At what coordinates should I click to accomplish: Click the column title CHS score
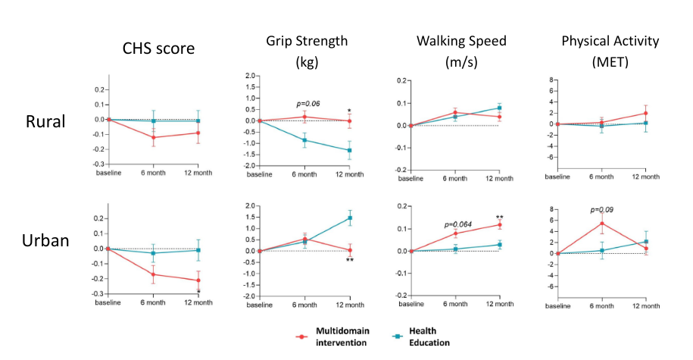[159, 49]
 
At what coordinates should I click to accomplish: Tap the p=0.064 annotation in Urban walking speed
[457, 225]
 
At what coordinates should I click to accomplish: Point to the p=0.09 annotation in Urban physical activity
[603, 210]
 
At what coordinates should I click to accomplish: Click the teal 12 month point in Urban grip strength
[350, 218]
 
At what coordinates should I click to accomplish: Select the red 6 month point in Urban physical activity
[601, 224]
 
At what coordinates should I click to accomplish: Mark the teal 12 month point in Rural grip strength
[350, 150]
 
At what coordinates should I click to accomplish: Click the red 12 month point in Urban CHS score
[198, 280]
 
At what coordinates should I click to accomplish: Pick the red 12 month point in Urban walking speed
[500, 224]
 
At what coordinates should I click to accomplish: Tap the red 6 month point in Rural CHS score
[153, 138]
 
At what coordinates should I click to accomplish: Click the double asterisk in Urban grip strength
[350, 261]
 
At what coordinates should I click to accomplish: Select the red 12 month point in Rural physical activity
[645, 113]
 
